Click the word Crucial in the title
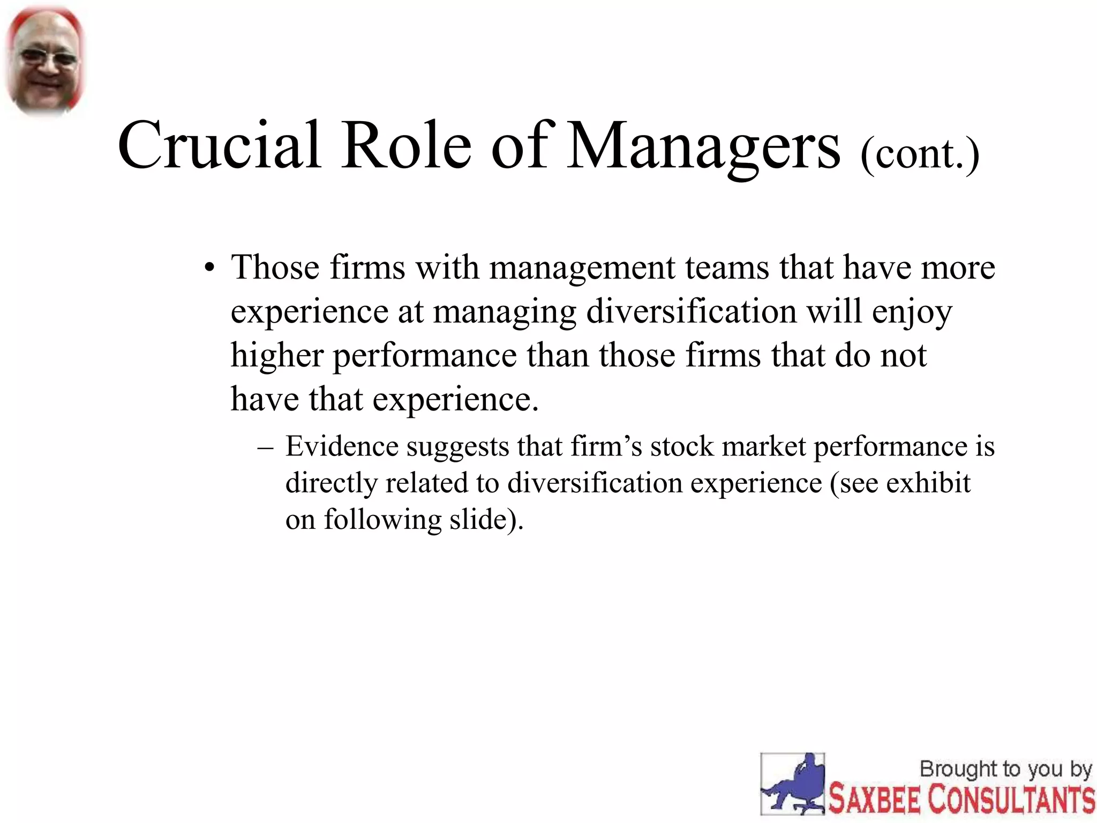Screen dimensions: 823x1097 click(x=219, y=146)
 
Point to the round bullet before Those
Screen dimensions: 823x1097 click(x=209, y=268)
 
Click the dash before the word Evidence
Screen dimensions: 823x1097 click(x=265, y=447)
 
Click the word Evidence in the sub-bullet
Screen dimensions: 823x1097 click(x=342, y=446)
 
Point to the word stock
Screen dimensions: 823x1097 click(x=682, y=446)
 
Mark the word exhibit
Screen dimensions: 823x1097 click(x=928, y=483)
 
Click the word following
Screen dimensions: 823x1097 click(x=382, y=520)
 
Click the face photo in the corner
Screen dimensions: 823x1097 click(x=46, y=61)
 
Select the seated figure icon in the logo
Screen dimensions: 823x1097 click(x=793, y=784)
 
